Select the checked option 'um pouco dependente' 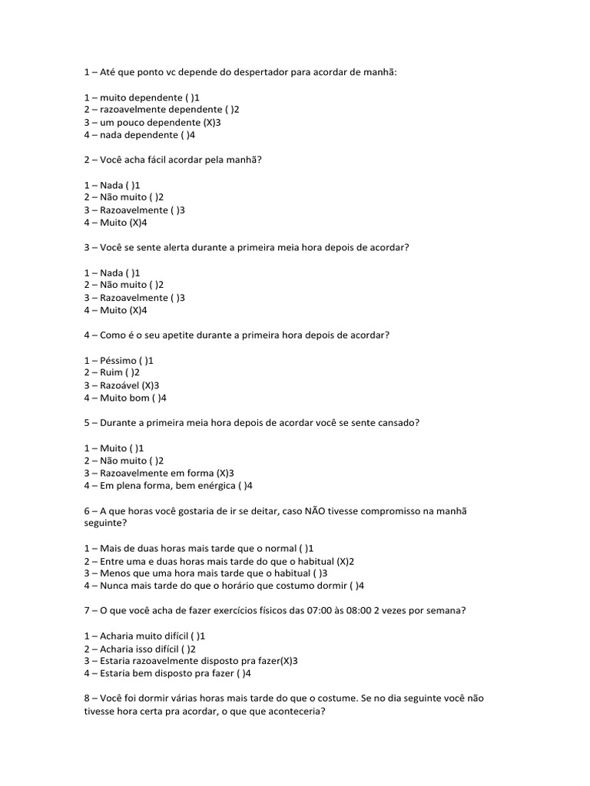click(153, 122)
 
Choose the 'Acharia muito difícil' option click(144, 636)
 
